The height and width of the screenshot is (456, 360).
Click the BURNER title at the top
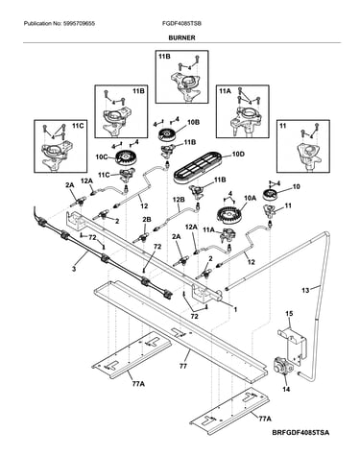[x=181, y=37]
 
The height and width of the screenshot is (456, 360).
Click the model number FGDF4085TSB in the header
[x=181, y=24]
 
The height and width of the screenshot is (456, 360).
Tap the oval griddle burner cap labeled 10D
[x=200, y=166]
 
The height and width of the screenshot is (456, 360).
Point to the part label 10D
[x=238, y=155]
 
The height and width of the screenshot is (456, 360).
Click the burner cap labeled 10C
[x=125, y=157]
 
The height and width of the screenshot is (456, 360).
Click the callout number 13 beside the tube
[x=305, y=290]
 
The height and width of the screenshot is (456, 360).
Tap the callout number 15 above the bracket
[x=289, y=314]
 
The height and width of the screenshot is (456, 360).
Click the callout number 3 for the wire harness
[x=74, y=269]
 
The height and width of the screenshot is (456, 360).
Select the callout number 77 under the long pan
[x=182, y=366]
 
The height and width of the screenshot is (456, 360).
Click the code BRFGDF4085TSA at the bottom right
[x=300, y=433]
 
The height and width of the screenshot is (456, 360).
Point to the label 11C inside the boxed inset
[x=78, y=126]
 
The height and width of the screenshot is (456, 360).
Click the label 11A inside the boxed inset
[x=225, y=91]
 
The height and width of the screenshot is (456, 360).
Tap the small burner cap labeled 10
[x=271, y=194]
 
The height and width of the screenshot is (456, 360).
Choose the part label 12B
[x=180, y=200]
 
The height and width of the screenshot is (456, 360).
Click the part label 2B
[x=147, y=220]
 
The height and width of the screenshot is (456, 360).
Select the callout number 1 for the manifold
[x=235, y=310]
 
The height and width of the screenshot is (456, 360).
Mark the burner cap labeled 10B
[x=167, y=133]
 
